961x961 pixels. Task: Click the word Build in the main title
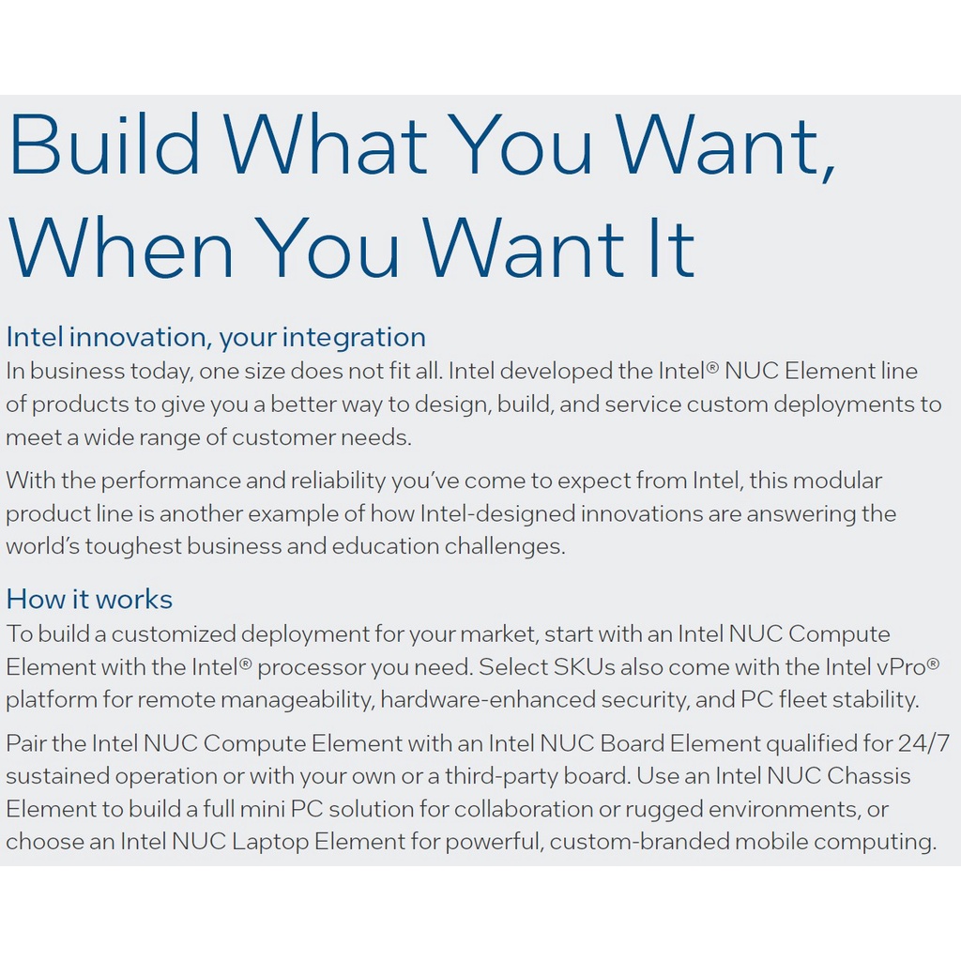104,144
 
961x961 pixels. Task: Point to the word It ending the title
664,247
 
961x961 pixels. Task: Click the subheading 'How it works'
89,600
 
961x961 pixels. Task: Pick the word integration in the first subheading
354,338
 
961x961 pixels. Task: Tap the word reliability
338,480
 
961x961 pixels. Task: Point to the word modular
837,480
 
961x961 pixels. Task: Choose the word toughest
133,546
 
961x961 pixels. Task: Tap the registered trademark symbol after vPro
933,663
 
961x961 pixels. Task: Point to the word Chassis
868,776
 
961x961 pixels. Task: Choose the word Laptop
270,842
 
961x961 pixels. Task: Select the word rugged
664,810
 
